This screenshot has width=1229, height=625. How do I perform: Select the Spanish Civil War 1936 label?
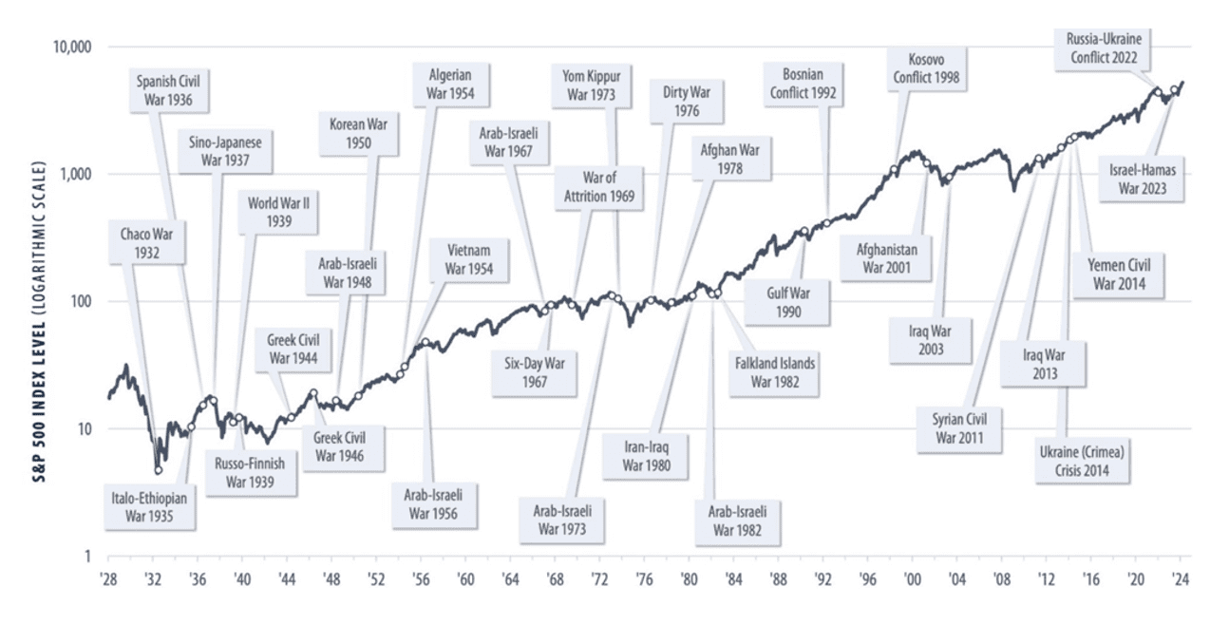[173, 89]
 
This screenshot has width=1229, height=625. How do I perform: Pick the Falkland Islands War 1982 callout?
[774, 371]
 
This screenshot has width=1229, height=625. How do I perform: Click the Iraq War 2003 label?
[930, 341]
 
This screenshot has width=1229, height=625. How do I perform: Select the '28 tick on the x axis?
[107, 578]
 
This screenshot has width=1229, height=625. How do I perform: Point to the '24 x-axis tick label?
[1181, 578]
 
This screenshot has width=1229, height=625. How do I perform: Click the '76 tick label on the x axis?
[644, 578]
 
